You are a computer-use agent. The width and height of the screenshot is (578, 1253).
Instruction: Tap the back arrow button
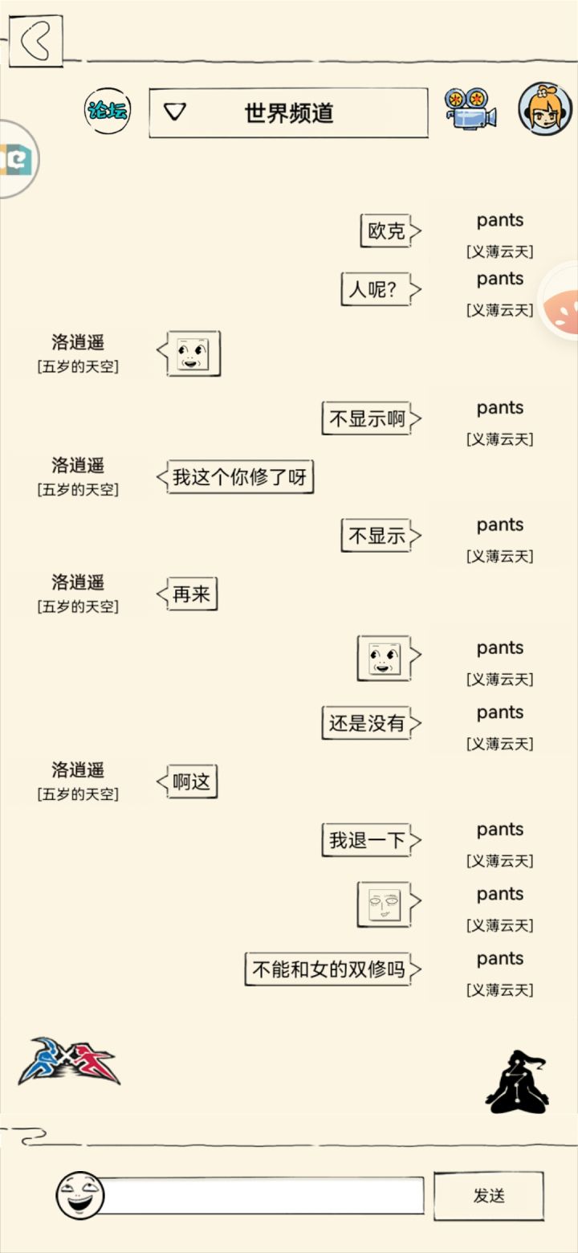pyautogui.click(x=36, y=41)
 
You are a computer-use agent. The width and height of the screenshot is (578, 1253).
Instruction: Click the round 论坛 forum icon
pyautogui.click(x=108, y=110)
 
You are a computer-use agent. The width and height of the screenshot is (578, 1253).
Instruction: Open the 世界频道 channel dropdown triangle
pyautogui.click(x=174, y=112)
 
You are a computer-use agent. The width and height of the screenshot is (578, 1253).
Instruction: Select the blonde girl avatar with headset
pyautogui.click(x=545, y=109)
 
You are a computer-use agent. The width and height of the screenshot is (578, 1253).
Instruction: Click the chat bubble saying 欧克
pyautogui.click(x=390, y=231)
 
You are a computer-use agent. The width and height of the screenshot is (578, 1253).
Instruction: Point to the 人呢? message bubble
pyautogui.click(x=381, y=289)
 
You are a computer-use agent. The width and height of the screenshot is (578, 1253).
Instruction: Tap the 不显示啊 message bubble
pyautogui.click(x=371, y=418)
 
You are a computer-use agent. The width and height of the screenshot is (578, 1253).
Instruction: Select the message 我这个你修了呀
pyautogui.click(x=235, y=476)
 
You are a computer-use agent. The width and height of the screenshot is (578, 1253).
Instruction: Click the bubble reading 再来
pyautogui.click(x=187, y=594)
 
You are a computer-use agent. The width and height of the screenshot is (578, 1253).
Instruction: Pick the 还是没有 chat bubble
pyautogui.click(x=371, y=723)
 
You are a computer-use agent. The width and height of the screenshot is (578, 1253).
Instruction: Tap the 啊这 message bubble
pyautogui.click(x=187, y=781)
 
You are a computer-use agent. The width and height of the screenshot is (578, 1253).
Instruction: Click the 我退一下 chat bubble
pyautogui.click(x=371, y=839)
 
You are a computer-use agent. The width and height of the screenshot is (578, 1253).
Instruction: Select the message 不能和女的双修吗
pyautogui.click(x=332, y=969)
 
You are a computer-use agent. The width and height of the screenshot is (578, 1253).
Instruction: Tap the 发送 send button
pyautogui.click(x=489, y=1195)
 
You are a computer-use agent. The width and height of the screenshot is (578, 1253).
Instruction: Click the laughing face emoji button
pyautogui.click(x=80, y=1195)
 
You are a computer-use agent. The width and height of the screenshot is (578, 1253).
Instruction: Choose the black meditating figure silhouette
pyautogui.click(x=517, y=1081)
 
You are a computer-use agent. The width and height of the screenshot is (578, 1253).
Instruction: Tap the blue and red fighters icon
pyautogui.click(x=69, y=1061)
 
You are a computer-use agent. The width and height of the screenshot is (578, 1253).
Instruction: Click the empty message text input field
pyautogui.click(x=263, y=1195)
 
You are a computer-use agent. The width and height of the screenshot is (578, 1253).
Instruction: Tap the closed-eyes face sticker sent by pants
pyautogui.click(x=385, y=904)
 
